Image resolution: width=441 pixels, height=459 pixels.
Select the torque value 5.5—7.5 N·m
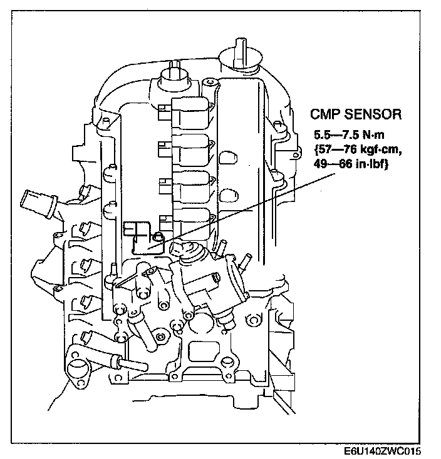[x=349, y=135]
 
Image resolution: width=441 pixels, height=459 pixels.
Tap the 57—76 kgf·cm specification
[x=358, y=149]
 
